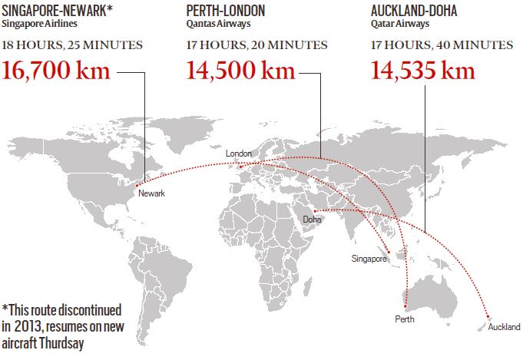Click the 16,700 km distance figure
[x=58, y=71]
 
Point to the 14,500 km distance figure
[x=241, y=71]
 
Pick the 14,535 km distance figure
[x=422, y=71]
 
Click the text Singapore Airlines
[x=39, y=24]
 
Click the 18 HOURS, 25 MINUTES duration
[x=72, y=45]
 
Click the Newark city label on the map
[x=151, y=193]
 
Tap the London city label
[x=238, y=154]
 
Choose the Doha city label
[x=313, y=220]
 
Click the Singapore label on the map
[x=369, y=259]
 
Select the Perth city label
[x=404, y=318]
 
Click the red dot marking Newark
[x=137, y=184]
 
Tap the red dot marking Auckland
[x=488, y=315]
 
